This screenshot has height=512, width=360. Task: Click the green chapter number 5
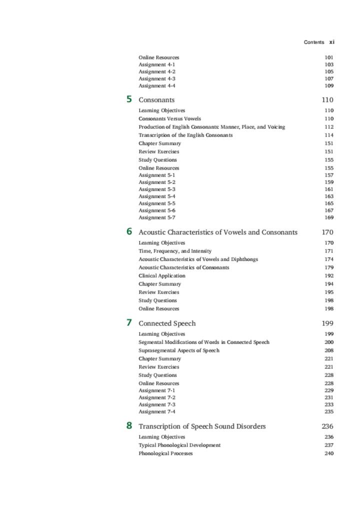[x=129, y=99]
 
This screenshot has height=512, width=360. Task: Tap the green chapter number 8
[x=129, y=426]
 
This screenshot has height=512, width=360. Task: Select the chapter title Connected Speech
[x=167, y=323]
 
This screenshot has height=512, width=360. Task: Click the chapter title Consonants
[x=156, y=100]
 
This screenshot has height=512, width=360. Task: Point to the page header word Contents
[x=314, y=42]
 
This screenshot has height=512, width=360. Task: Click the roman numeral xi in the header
[x=332, y=42]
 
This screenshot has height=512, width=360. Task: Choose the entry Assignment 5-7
[x=157, y=217]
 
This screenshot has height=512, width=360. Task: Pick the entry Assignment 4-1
[x=157, y=64]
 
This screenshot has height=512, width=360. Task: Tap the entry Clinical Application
[x=162, y=275]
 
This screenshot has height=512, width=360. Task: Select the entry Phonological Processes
[x=165, y=453]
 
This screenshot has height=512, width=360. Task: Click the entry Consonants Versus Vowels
[x=169, y=119]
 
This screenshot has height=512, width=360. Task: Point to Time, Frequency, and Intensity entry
[x=175, y=251]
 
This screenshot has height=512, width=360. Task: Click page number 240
[x=329, y=453]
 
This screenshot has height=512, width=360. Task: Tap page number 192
[x=329, y=275]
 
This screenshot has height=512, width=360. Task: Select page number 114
[x=329, y=135]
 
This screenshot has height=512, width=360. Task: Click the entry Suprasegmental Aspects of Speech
[x=179, y=350]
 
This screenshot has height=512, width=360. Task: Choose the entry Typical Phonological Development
[x=179, y=445]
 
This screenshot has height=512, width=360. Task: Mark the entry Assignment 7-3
[x=157, y=404]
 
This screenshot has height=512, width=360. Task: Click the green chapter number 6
[x=129, y=231]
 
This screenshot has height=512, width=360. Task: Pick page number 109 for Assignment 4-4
[x=329, y=85]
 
